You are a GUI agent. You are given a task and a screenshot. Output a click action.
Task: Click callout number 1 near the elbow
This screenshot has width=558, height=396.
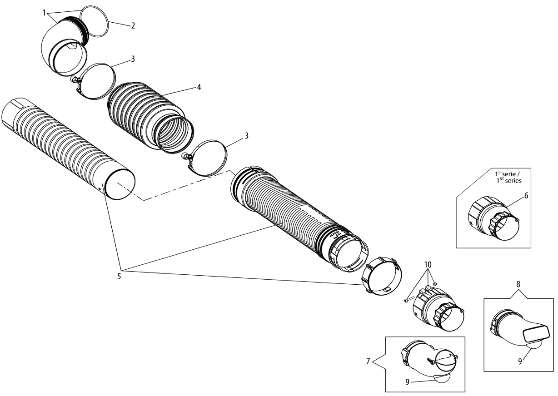[45, 13]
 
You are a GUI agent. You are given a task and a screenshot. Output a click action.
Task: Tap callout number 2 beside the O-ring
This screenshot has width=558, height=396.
[133, 25]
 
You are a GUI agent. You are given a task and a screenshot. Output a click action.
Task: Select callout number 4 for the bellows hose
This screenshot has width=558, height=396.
[199, 87]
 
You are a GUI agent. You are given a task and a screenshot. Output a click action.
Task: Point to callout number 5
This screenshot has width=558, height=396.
[119, 277]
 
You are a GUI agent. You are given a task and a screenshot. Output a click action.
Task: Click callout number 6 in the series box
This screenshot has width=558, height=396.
[526, 196]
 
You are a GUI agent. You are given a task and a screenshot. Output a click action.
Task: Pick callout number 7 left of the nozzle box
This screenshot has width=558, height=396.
[368, 361]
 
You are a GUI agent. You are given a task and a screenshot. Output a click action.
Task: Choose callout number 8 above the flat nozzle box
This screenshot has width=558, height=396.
[518, 284]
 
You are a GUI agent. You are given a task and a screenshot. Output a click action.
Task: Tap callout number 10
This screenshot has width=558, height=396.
[428, 265]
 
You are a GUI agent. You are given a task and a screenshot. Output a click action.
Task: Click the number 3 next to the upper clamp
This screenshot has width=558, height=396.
[133, 59]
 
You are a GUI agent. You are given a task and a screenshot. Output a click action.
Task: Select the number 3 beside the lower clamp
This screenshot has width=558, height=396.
[247, 136]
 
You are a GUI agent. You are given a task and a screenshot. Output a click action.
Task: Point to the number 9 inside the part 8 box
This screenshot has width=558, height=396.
[520, 361]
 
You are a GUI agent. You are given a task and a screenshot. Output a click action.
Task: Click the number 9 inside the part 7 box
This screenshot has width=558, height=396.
[408, 382]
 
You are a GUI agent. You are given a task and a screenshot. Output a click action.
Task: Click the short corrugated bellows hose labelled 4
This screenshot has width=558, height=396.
[150, 117]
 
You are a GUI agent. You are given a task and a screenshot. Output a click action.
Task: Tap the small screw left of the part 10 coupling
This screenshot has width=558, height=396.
[409, 299]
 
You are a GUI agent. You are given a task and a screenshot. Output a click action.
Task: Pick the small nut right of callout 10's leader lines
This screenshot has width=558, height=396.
[435, 284]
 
